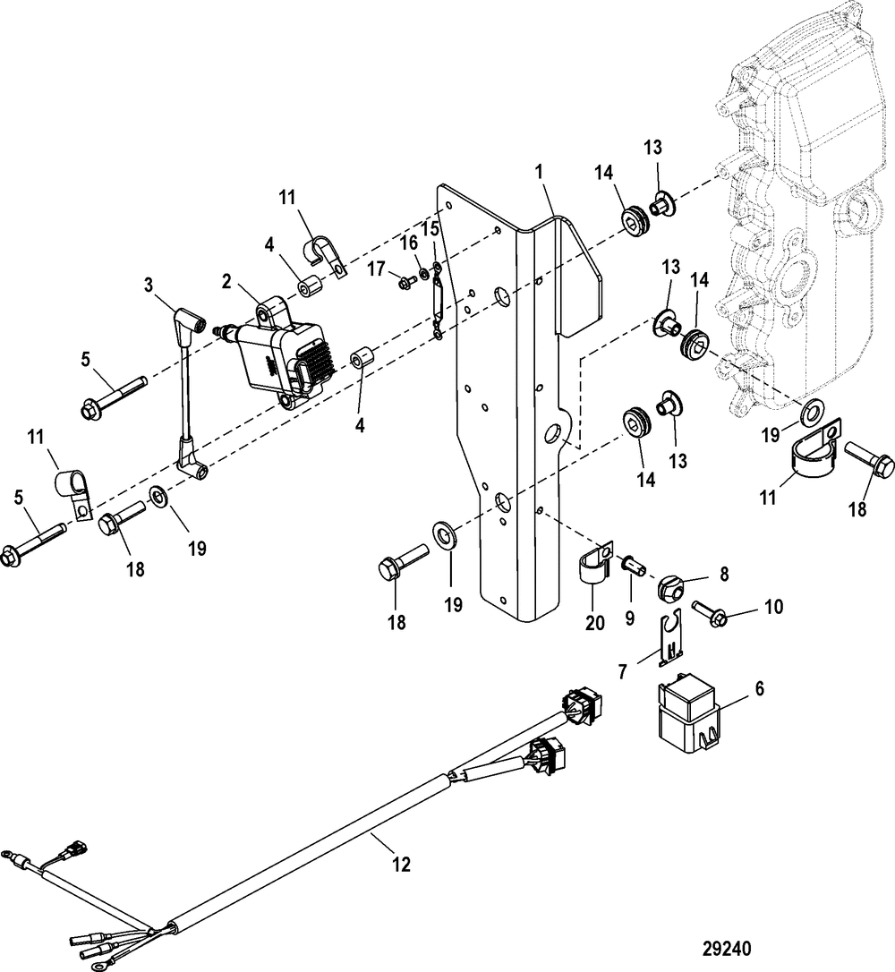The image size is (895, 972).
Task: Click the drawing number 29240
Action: click(727, 949)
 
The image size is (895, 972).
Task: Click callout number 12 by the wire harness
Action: click(402, 863)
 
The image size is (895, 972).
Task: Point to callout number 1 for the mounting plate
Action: click(539, 172)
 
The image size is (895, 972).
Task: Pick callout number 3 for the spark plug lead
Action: click(148, 286)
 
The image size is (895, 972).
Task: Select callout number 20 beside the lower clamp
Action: click(595, 622)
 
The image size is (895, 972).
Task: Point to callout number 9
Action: click(630, 618)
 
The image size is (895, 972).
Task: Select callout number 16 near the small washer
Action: click(408, 243)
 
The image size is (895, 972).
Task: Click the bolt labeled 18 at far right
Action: click(870, 460)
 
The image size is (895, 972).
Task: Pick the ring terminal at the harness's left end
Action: click(7, 854)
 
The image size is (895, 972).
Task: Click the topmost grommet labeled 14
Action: click(633, 221)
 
